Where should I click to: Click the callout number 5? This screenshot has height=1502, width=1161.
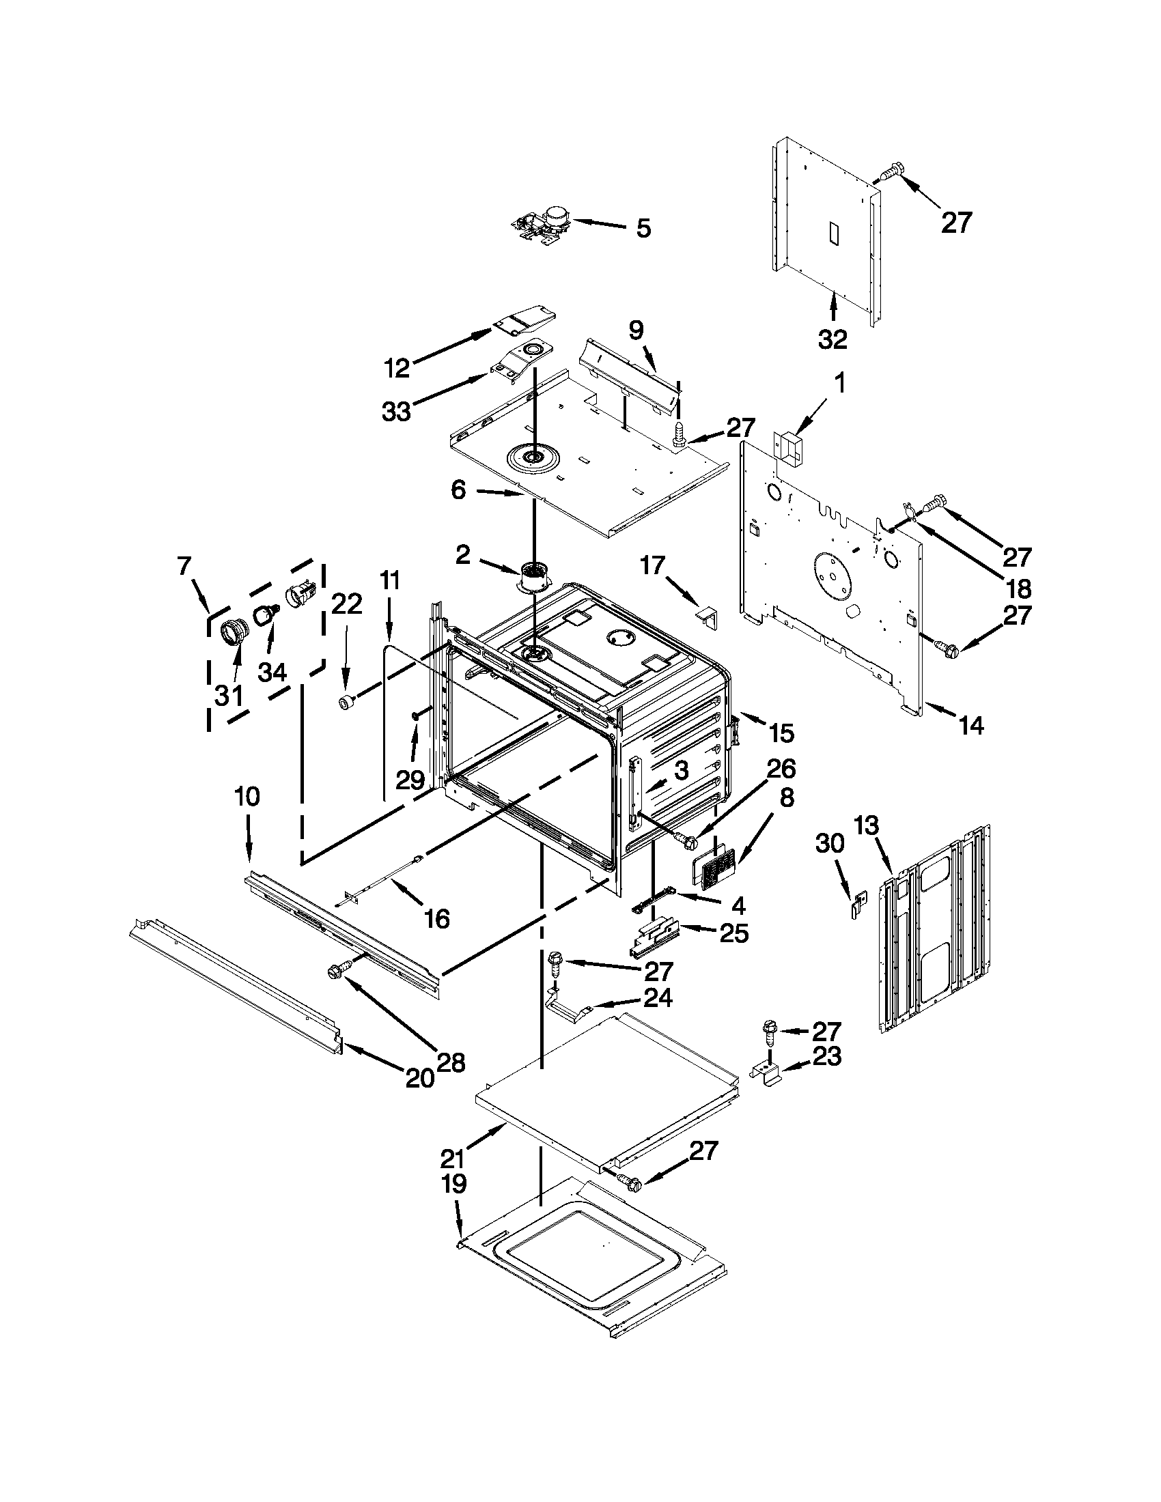643,228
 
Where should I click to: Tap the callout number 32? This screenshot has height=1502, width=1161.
833,339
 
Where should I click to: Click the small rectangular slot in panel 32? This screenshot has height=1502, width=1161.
833,233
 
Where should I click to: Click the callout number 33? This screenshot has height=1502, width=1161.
396,412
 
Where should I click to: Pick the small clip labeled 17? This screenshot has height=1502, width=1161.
708,614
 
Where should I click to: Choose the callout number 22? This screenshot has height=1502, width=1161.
347,604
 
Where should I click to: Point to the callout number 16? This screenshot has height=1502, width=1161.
438,918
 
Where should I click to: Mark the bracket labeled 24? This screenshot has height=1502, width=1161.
568,1010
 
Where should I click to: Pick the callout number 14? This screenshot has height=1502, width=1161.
970,725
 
